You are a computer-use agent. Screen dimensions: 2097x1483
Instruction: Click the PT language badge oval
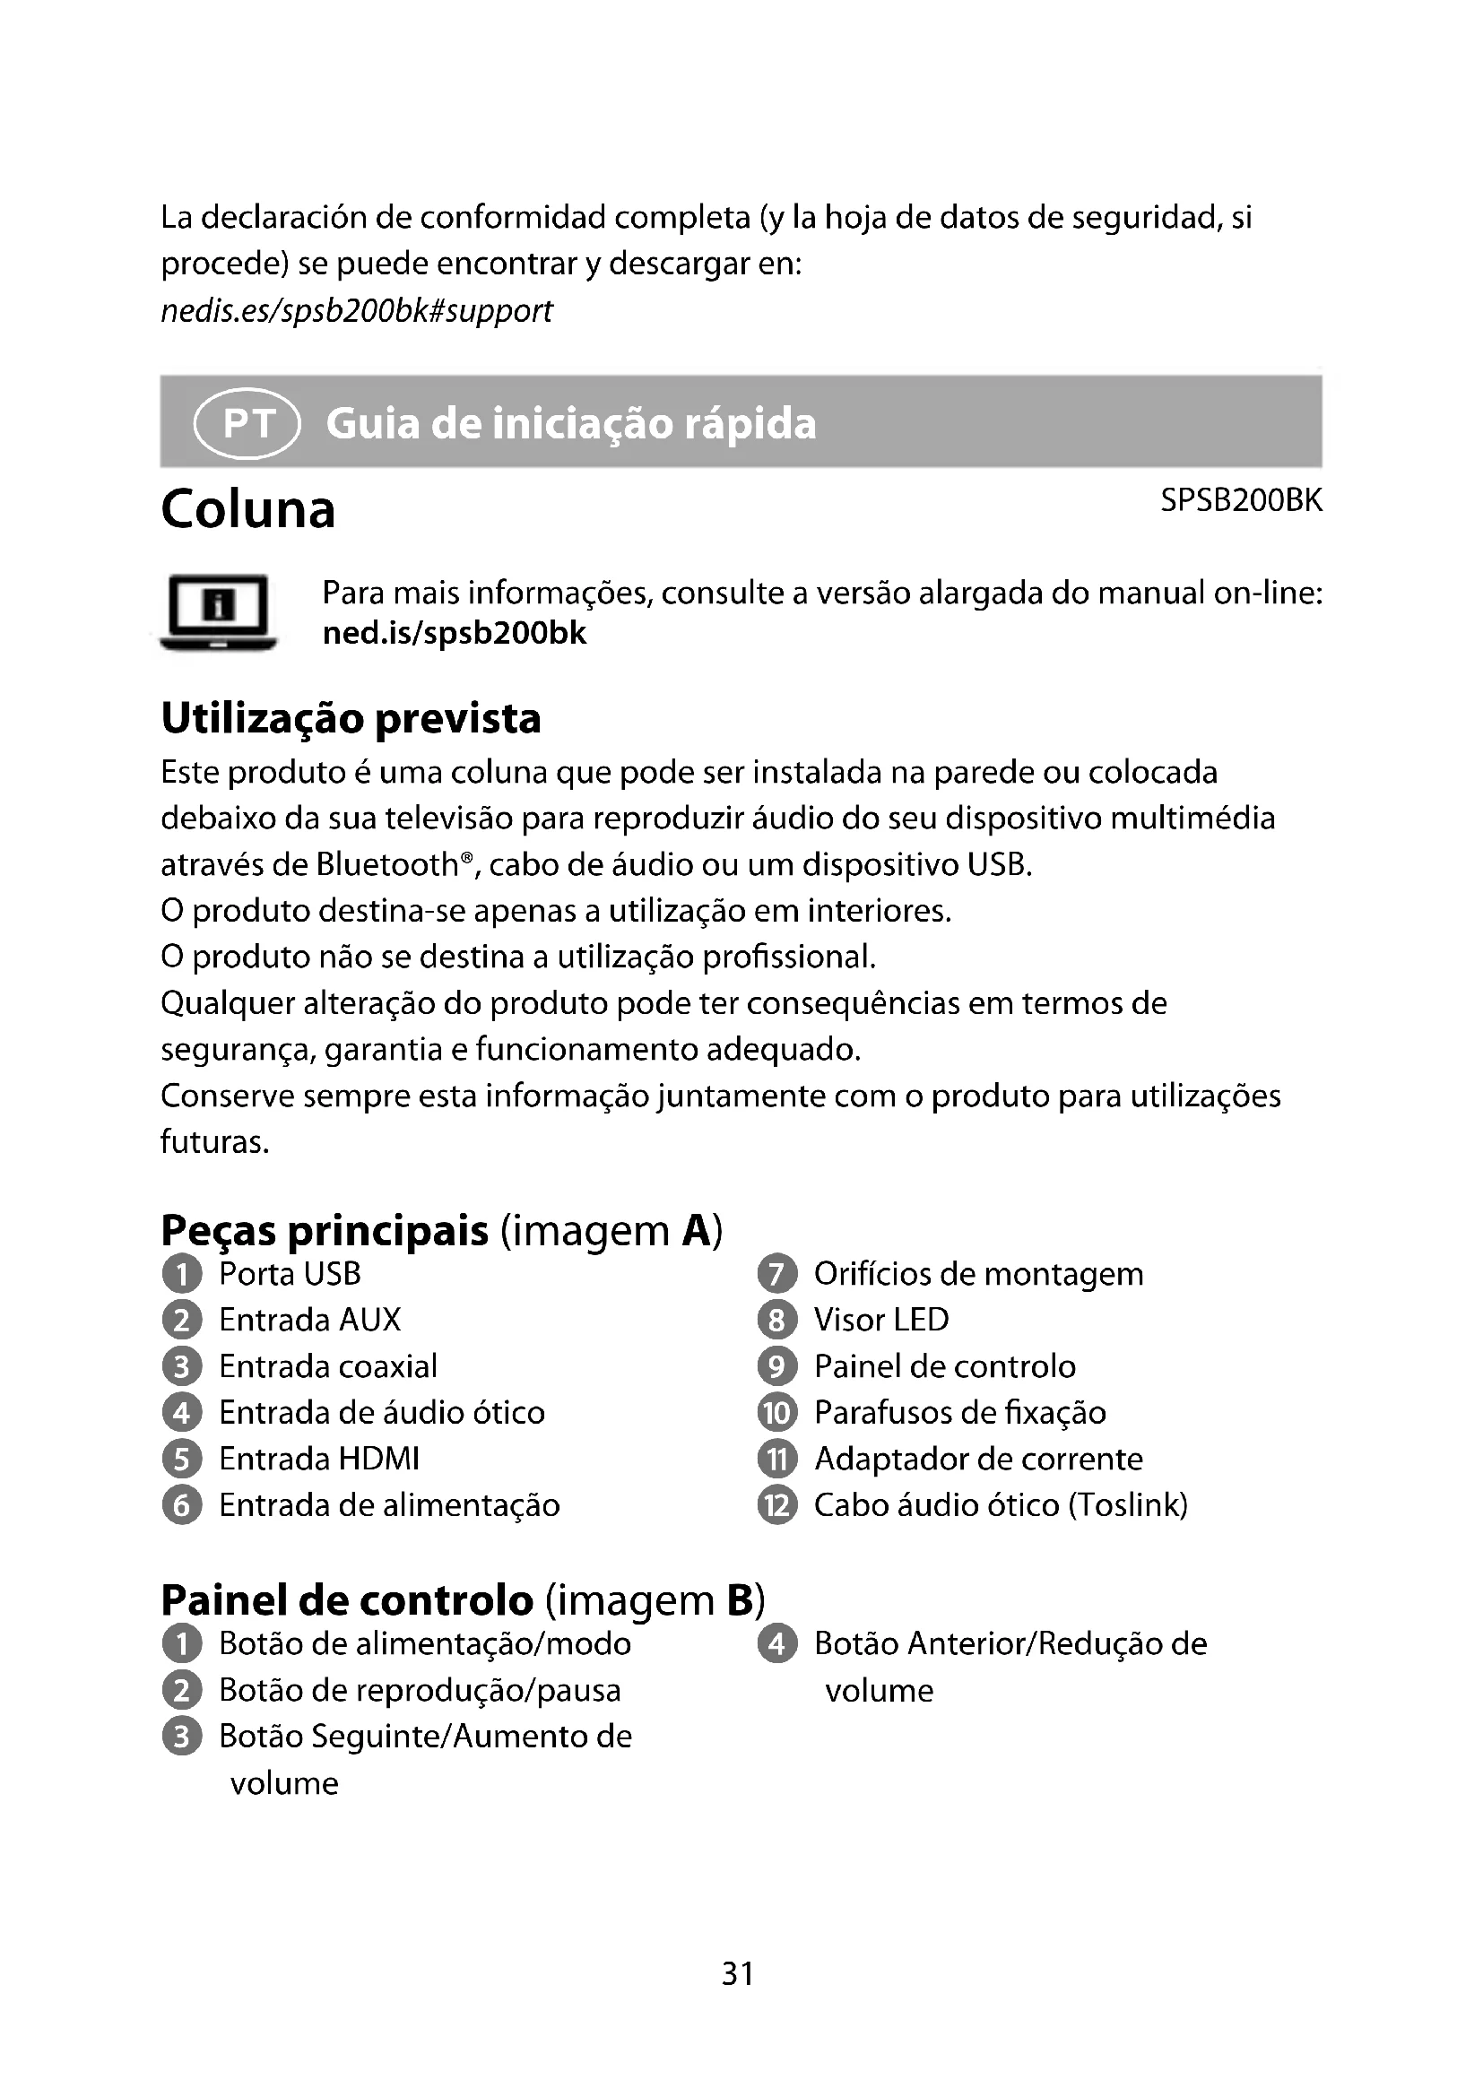247,423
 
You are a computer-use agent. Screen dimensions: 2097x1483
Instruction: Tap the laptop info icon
218,612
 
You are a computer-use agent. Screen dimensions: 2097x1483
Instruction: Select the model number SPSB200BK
1240,500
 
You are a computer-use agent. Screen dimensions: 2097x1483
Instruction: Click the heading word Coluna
248,509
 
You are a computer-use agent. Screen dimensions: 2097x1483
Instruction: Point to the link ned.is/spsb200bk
454,633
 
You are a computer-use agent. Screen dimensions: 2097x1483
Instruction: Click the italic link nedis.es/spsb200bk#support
356,311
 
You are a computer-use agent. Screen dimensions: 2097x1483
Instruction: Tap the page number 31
738,1973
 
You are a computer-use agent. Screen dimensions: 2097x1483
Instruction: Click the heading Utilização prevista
351,718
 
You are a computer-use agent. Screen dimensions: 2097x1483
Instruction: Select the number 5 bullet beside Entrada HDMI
182,1460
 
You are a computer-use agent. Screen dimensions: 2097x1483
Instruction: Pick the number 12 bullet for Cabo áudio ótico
777,1505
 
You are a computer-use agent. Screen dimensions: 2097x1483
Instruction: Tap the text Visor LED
881,1320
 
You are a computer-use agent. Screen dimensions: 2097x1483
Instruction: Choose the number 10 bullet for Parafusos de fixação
777,1413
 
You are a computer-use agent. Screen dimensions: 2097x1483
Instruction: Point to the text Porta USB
290,1274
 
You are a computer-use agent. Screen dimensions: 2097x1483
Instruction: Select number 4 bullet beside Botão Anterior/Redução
777,1644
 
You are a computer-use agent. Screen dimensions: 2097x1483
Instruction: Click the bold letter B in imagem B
741,1600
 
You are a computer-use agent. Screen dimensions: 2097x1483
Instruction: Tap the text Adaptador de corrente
978,1460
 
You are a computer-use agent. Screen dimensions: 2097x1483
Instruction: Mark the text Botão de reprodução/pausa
419,1691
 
